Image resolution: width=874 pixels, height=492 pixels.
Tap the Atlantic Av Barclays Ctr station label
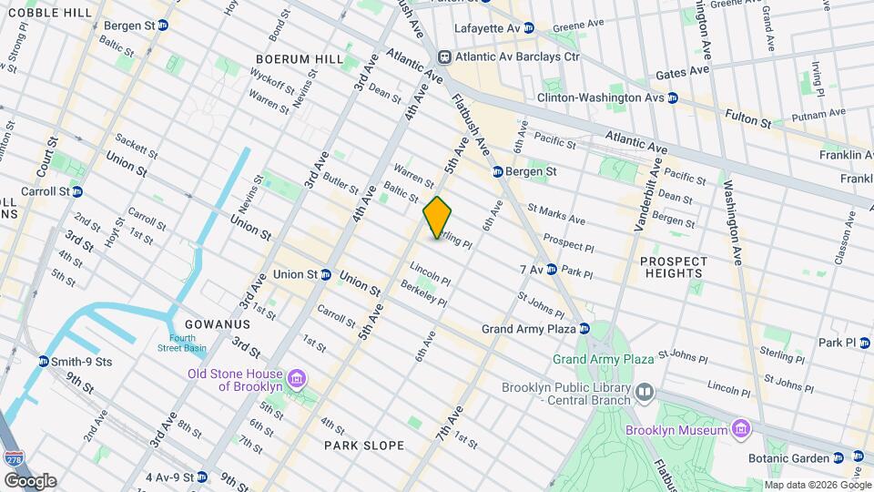point(521,56)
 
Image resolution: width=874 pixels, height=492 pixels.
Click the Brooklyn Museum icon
point(741,429)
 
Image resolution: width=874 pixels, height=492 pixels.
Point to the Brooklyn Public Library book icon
point(645,392)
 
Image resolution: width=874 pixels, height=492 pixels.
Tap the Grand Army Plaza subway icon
point(584,329)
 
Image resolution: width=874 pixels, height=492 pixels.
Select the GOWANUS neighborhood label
point(217,324)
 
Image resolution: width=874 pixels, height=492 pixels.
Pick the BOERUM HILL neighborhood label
point(300,59)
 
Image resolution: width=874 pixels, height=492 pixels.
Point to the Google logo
point(29,480)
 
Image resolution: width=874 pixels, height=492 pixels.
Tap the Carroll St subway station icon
point(77,192)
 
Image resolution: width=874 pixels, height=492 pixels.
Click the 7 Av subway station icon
point(552,270)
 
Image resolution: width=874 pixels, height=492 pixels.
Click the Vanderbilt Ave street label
point(645,200)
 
